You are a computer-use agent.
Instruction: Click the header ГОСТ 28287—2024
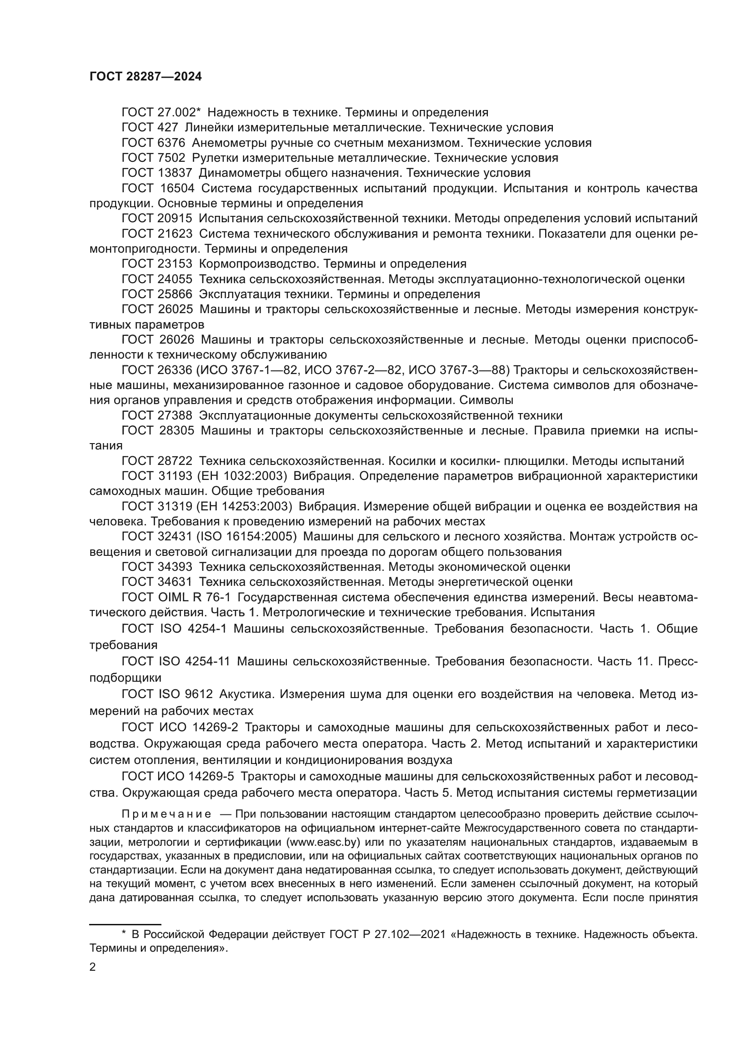(145, 77)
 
